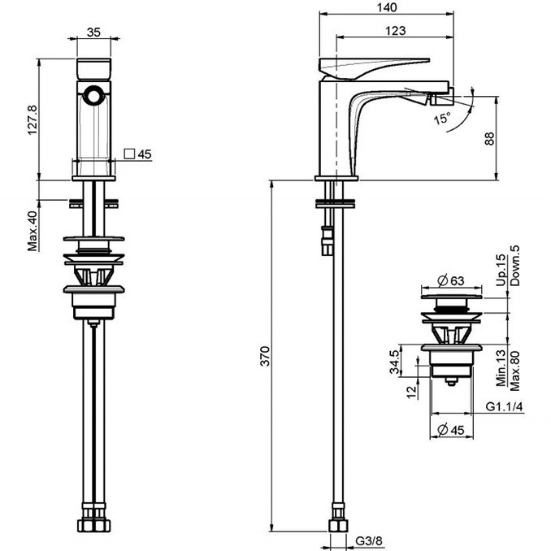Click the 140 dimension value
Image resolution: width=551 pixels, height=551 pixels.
387,7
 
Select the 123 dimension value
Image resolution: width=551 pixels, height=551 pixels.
395,31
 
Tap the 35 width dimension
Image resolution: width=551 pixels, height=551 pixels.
93,32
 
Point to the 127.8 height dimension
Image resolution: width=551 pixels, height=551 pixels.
33,120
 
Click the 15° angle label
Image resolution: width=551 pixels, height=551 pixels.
442,118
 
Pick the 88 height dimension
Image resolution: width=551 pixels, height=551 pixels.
489,138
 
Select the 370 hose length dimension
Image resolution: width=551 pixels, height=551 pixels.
265,356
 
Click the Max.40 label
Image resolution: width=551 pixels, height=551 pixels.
33,231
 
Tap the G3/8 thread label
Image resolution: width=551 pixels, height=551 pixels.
369,540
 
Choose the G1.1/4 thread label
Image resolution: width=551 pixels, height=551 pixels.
504,406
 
